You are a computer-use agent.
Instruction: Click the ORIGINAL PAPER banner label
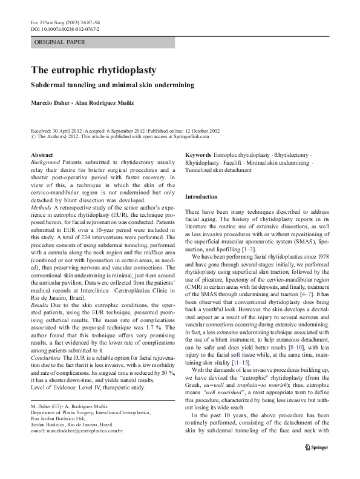[x=60, y=42]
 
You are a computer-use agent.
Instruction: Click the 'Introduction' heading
[x=200, y=197]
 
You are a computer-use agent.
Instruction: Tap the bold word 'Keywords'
[x=198, y=156]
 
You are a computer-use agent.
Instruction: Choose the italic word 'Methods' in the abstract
[x=41, y=207]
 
